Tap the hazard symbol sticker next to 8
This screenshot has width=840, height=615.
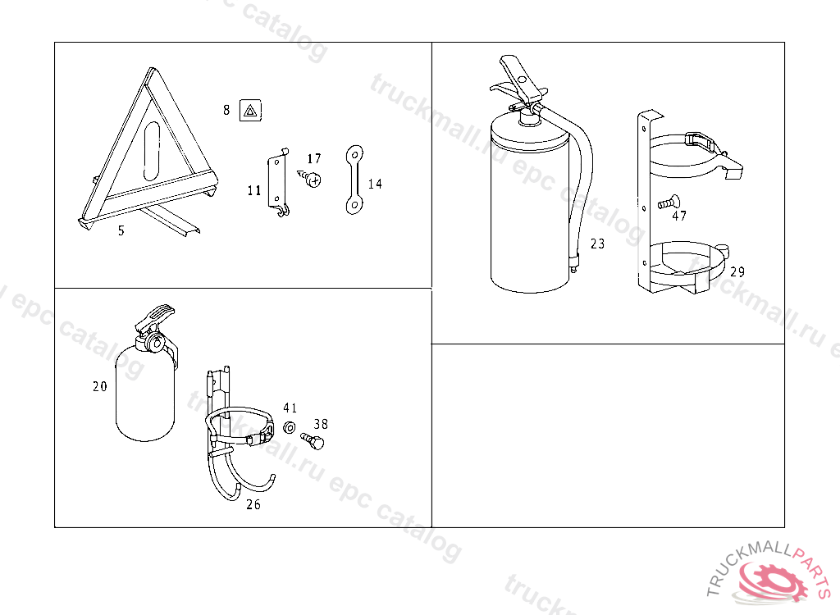tap(251, 111)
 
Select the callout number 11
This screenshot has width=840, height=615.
tap(254, 190)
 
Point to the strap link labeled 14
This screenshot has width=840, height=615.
tap(354, 180)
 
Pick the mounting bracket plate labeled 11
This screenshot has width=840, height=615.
tap(277, 183)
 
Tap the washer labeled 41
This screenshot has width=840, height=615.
tap(290, 427)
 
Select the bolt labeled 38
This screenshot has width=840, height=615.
tap(313, 441)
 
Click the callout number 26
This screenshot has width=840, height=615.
tap(253, 504)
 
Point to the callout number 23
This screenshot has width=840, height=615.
tap(597, 244)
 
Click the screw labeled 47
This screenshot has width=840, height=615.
tap(669, 203)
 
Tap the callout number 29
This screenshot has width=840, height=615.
tap(737, 271)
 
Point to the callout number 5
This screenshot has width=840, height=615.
tap(121, 230)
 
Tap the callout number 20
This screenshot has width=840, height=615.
tap(99, 386)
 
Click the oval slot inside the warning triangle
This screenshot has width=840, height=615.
tap(152, 151)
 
